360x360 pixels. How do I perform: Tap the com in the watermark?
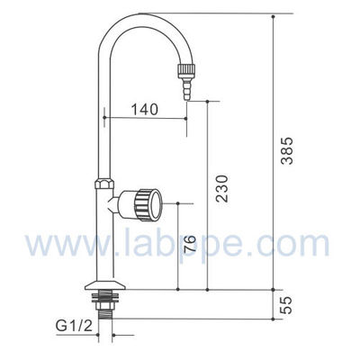[303, 244]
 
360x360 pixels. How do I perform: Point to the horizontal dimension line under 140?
[144, 119]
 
